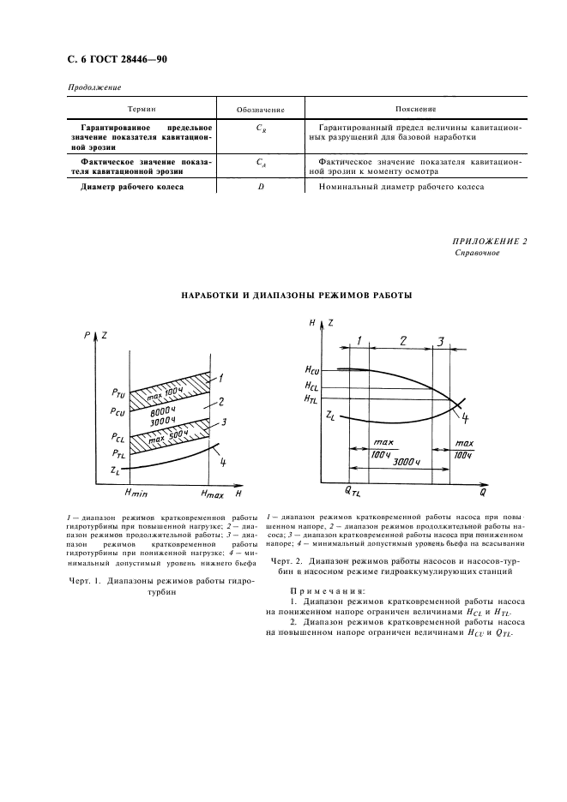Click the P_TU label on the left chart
coord(118,393)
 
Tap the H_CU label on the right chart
coord(312,369)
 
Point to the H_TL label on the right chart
coord(312,398)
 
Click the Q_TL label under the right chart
coord(353,494)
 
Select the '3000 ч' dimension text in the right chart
coord(407,462)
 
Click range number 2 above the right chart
coord(402,342)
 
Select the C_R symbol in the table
coord(260,127)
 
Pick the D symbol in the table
coord(260,187)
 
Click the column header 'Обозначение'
coord(260,110)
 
